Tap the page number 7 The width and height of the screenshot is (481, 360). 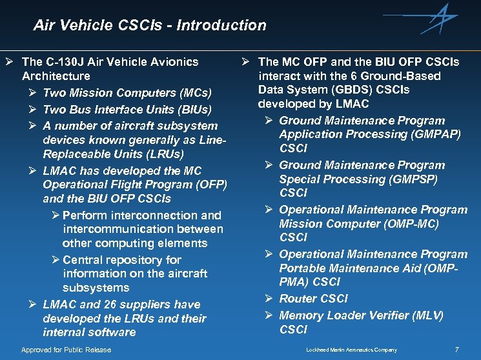coord(457,350)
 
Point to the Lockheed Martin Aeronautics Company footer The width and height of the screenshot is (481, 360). coord(351,350)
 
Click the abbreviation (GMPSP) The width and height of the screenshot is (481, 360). coord(410,179)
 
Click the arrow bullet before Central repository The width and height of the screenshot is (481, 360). coord(56,259)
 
